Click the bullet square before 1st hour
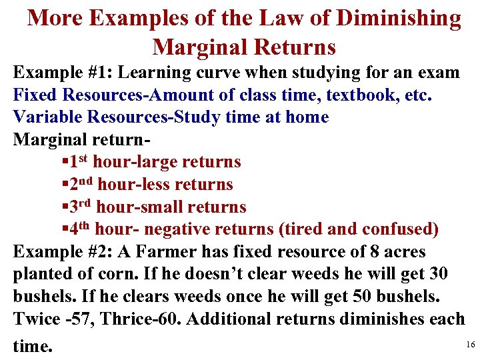tap(63, 162)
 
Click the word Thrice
tap(132, 320)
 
